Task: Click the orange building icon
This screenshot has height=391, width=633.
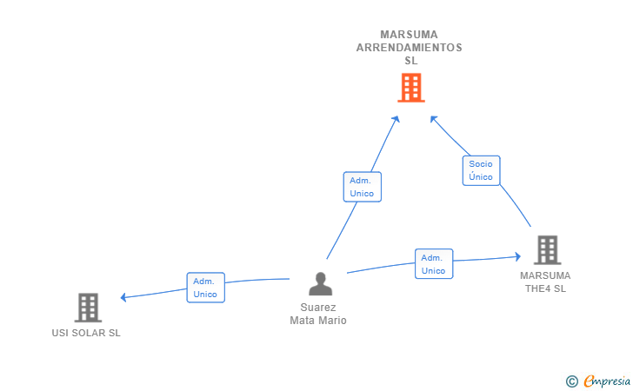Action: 411,88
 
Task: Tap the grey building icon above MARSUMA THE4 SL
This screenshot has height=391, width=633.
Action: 548,250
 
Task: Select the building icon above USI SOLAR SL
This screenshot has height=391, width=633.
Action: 88,308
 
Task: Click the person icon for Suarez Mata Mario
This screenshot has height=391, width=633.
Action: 321,284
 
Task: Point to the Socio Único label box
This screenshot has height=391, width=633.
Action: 481,170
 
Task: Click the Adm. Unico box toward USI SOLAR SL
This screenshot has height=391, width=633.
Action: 206,288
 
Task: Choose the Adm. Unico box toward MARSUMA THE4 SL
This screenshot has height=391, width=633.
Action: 434,264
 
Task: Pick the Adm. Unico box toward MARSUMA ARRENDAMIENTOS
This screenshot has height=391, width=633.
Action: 363,187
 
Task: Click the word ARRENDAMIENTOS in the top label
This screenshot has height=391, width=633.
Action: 410,48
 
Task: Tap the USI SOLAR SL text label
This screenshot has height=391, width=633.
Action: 86,333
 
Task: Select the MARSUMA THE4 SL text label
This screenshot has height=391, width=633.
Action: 545,282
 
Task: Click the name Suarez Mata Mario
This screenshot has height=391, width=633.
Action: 318,314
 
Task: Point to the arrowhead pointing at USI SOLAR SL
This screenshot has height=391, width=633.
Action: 123,297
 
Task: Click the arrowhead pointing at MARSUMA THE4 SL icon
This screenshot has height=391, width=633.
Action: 518,256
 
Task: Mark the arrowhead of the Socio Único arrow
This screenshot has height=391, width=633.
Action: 433,119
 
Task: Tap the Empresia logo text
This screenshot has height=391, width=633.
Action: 607,381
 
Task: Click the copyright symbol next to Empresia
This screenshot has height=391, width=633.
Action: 572,381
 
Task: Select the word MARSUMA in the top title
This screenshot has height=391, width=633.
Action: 409,35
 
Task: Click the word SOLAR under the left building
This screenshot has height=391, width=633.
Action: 87,333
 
